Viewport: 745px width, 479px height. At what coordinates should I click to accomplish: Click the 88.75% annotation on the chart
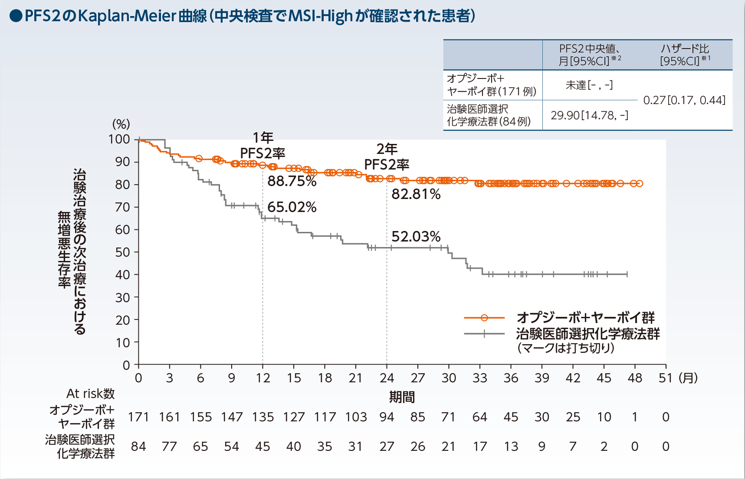pyautogui.click(x=292, y=181)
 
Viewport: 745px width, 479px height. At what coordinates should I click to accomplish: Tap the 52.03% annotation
pyautogui.click(x=416, y=237)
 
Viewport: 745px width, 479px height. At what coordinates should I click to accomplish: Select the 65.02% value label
pyautogui.click(x=292, y=207)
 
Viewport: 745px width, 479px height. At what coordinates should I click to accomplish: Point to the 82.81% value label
pyautogui.click(x=416, y=194)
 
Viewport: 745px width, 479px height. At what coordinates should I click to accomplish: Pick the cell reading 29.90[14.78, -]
pyautogui.click(x=589, y=115)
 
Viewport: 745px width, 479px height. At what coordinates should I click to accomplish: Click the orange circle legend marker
pyautogui.click(x=484, y=318)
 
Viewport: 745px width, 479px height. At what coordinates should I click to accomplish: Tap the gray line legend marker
pyautogui.click(x=484, y=334)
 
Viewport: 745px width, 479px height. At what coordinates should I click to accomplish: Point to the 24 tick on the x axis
pyautogui.click(x=387, y=378)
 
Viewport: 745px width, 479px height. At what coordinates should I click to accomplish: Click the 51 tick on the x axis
pyautogui.click(x=665, y=378)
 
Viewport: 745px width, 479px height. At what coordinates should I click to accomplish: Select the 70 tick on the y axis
pyautogui.click(x=122, y=207)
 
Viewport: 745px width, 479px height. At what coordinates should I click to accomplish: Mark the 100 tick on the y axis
pyautogui.click(x=119, y=139)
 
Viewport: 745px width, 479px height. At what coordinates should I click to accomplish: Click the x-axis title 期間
pyautogui.click(x=402, y=397)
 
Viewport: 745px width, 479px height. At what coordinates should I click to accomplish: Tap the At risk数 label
pyautogui.click(x=90, y=393)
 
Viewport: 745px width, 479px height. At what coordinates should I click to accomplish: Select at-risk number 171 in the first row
pyautogui.click(x=139, y=417)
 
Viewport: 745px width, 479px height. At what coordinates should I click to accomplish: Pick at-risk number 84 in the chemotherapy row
pyautogui.click(x=139, y=446)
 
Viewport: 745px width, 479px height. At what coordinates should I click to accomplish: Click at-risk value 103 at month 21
pyautogui.click(x=356, y=417)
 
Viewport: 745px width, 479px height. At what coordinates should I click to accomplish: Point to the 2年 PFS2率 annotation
pyautogui.click(x=387, y=156)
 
